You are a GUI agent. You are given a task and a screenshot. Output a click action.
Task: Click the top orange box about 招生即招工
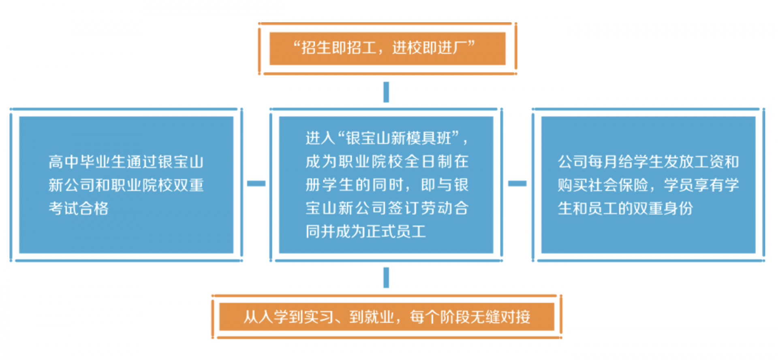(x=387, y=49)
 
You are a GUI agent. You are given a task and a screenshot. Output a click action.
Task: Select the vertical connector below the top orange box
(x=386, y=92)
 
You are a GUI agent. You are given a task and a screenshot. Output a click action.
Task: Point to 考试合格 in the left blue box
(x=79, y=209)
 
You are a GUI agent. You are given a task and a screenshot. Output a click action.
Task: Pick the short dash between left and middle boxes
(x=256, y=183)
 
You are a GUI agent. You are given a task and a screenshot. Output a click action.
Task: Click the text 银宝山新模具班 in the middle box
(x=399, y=138)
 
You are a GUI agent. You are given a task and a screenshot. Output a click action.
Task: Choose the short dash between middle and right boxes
(x=517, y=183)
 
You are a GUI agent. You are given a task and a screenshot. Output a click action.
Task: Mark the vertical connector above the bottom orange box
(x=386, y=277)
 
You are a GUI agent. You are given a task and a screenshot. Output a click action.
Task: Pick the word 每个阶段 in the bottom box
(x=440, y=317)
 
